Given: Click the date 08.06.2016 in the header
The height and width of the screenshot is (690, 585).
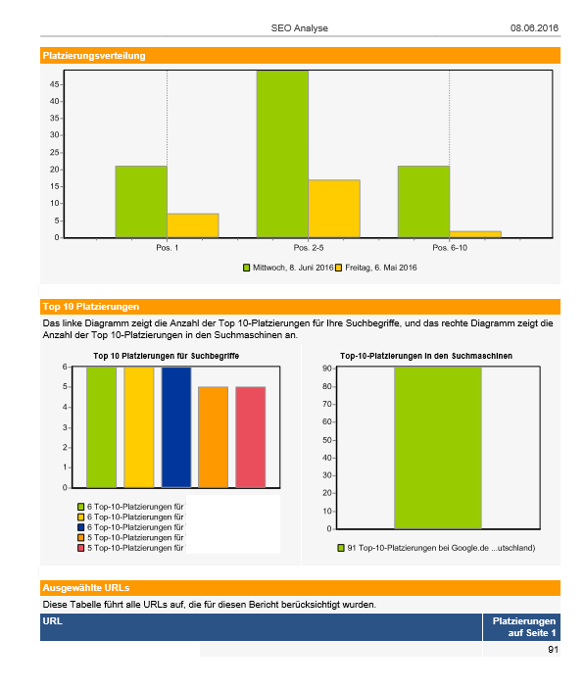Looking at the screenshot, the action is pyautogui.click(x=534, y=28).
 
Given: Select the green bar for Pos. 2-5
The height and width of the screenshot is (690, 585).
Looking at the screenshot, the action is pyautogui.click(x=282, y=154).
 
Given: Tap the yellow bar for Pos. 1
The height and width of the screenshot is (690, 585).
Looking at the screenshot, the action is pyautogui.click(x=193, y=225).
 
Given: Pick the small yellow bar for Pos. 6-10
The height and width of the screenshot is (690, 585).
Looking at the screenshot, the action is pyautogui.click(x=475, y=234).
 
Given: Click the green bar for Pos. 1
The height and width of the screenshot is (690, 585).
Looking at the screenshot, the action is pyautogui.click(x=141, y=202).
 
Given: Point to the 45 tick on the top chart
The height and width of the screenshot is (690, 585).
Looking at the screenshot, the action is pyautogui.click(x=54, y=84).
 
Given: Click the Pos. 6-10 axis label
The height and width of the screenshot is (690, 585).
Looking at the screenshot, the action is pyautogui.click(x=450, y=248).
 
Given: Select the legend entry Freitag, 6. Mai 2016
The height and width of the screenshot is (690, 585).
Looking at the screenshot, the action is pyautogui.click(x=376, y=268).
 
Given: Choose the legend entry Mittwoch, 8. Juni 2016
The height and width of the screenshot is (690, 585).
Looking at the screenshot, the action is pyautogui.click(x=288, y=268).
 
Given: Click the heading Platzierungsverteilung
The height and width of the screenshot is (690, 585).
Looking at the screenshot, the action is pyautogui.click(x=94, y=56).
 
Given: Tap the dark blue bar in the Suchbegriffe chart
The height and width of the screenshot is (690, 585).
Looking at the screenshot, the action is pyautogui.click(x=176, y=427).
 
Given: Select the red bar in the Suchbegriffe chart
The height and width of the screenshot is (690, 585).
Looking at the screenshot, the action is pyautogui.click(x=251, y=437).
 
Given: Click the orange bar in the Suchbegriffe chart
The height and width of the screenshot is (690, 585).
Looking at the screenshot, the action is pyautogui.click(x=214, y=437).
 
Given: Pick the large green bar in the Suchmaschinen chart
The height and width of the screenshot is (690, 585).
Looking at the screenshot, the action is pyautogui.click(x=438, y=448).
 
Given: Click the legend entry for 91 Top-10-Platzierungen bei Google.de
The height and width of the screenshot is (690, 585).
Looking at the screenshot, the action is pyautogui.click(x=436, y=548).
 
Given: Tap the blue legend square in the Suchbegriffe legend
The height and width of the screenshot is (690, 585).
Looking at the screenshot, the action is pyautogui.click(x=80, y=527).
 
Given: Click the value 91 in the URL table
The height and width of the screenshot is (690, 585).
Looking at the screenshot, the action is pyautogui.click(x=553, y=650).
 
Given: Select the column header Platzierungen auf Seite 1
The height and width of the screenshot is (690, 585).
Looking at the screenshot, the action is pyautogui.click(x=524, y=627).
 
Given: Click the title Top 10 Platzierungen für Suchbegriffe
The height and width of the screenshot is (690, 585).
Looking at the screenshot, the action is pyautogui.click(x=167, y=356).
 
